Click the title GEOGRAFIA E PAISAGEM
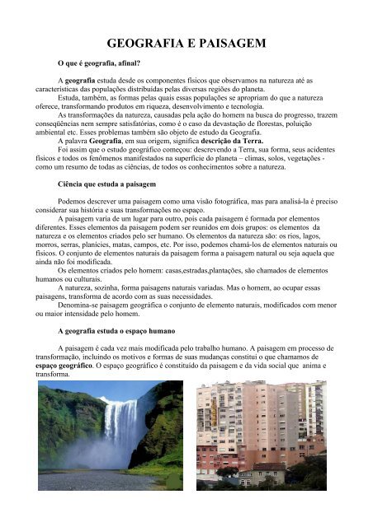click(186, 44)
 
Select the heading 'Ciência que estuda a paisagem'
click(102, 196)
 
